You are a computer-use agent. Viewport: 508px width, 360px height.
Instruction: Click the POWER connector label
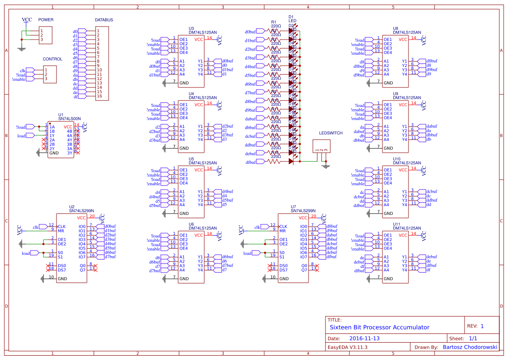click(46, 20)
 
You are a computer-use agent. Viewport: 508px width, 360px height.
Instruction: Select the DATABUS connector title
click(104, 20)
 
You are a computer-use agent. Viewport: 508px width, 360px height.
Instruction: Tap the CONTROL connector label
click(53, 59)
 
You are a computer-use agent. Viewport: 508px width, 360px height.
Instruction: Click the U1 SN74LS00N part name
click(70, 119)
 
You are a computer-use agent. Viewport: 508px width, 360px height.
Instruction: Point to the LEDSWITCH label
click(331, 133)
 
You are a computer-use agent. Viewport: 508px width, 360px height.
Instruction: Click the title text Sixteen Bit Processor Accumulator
click(379, 327)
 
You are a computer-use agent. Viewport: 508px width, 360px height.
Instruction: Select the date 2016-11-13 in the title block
click(364, 338)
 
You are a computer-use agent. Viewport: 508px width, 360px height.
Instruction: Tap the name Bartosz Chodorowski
click(470, 347)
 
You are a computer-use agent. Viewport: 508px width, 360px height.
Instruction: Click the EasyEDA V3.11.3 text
click(348, 347)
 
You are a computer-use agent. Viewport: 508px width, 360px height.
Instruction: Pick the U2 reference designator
click(72, 207)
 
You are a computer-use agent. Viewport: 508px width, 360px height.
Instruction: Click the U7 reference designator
click(294, 207)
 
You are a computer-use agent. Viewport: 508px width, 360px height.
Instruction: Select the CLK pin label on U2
click(62, 227)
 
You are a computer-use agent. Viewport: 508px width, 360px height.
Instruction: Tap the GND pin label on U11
click(388, 279)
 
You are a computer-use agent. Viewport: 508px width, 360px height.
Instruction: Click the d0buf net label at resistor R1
click(250, 32)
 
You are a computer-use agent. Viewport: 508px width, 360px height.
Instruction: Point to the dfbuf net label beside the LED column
click(250, 162)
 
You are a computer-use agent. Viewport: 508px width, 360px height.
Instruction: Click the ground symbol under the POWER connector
click(21, 49)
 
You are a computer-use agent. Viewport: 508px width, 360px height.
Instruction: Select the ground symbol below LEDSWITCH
click(325, 166)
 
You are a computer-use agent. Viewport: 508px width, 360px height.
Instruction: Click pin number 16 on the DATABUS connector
click(99, 96)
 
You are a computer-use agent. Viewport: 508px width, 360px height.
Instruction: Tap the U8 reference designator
click(395, 28)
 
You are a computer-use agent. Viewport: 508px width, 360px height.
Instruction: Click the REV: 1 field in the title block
click(476, 326)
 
